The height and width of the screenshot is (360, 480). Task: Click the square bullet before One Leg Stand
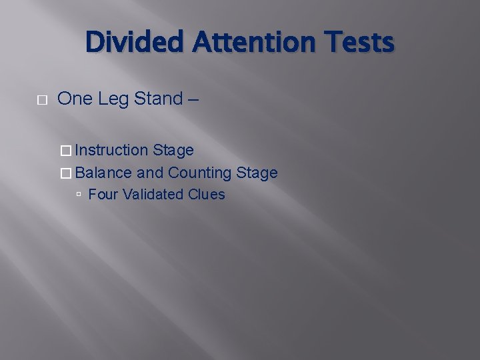42,100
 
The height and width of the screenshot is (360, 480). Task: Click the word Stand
159,99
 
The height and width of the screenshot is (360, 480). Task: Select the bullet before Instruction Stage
65,151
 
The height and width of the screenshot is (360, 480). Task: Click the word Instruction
111,151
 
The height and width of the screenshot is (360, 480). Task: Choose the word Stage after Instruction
173,151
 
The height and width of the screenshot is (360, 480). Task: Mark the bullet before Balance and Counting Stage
65,173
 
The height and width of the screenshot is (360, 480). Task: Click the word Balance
103,173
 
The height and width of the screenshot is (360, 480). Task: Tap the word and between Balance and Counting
150,173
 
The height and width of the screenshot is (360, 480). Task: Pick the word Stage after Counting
257,173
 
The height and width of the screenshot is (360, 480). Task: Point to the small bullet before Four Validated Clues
79,195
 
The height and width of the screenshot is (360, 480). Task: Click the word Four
103,195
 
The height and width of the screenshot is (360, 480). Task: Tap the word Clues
207,195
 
